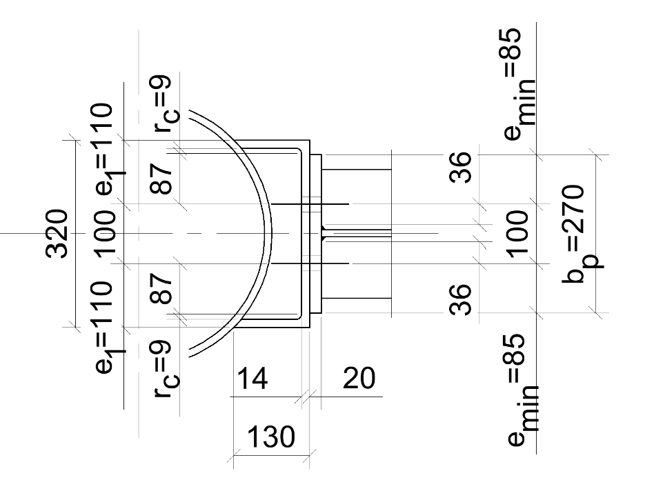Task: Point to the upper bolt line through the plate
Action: pyautogui.click(x=310, y=203)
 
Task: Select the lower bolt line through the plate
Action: pyautogui.click(x=310, y=263)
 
